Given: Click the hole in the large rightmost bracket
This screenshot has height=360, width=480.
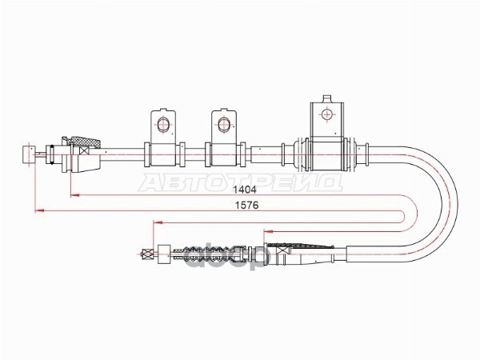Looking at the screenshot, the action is tap(326, 114).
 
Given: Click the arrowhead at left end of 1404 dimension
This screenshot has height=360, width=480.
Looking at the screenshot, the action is tap(74, 194).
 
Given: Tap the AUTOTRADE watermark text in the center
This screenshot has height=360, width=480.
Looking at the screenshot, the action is tap(240, 182).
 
